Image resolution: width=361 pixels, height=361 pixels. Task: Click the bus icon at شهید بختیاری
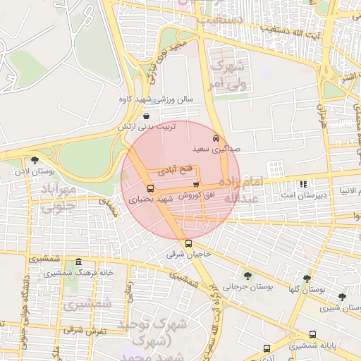tap(150, 188)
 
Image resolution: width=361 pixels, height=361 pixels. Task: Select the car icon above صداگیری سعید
tap(216, 138)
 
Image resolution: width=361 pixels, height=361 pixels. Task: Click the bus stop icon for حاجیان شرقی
tap(187, 244)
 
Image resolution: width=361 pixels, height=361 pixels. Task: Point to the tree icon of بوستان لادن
tap(32, 160)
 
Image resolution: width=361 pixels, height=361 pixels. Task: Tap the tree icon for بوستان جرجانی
tap(247, 275)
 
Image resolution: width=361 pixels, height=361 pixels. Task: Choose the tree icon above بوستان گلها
tap(307, 279)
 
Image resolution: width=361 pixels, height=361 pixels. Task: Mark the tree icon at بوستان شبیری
tap(342, 297)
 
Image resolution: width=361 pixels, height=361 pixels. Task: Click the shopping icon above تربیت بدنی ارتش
tap(146, 116)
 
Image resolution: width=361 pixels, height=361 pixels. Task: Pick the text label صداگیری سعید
tap(216, 150)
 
